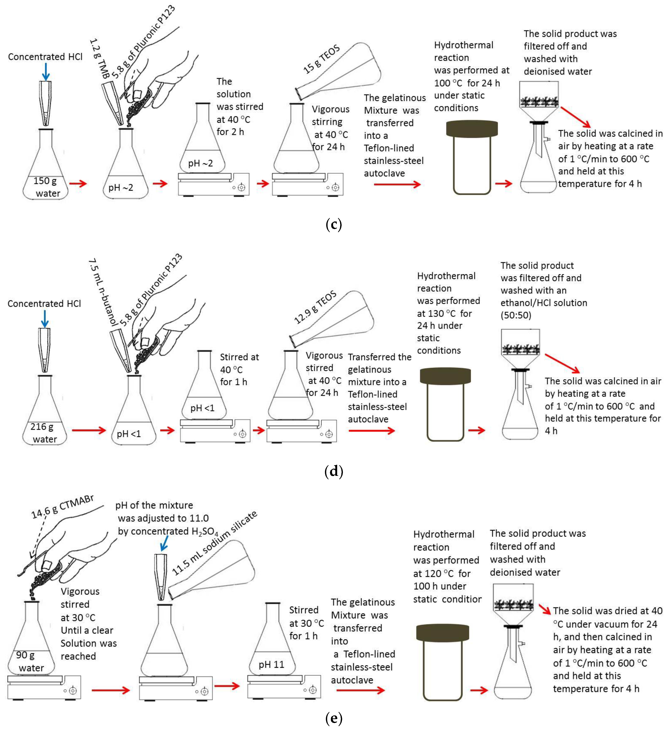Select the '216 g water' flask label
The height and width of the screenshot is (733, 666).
click(x=44, y=433)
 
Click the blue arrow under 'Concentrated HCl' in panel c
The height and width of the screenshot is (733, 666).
click(x=45, y=71)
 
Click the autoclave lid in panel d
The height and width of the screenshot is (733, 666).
click(x=445, y=376)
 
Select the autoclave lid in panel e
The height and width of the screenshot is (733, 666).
click(x=442, y=633)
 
